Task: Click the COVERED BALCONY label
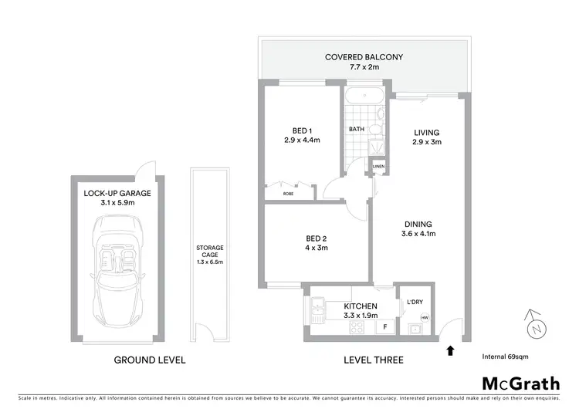(364, 57)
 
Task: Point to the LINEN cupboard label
(378, 166)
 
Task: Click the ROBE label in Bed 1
(289, 194)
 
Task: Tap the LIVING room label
(424, 131)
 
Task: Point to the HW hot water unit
(425, 316)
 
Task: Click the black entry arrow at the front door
(450, 352)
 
